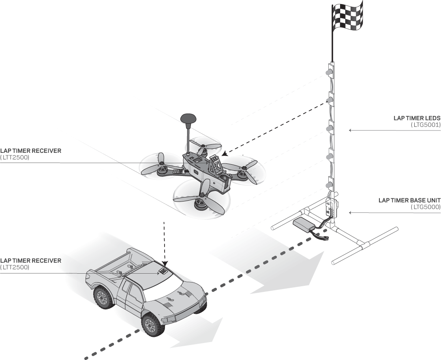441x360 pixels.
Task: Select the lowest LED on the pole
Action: point(328,185)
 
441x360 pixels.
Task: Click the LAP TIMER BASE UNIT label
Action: point(409,201)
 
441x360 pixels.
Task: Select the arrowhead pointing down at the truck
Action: point(165,264)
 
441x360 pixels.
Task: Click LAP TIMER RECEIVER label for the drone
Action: point(31,151)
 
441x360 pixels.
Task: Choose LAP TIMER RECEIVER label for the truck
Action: point(31,261)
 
